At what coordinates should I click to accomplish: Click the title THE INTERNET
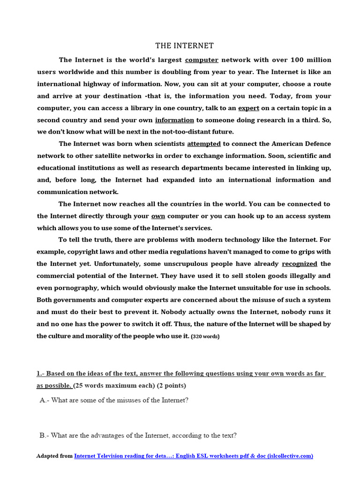point(184,46)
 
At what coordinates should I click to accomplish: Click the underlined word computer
point(202,60)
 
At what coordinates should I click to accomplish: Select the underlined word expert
point(248,108)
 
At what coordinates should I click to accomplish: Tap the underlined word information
point(174,120)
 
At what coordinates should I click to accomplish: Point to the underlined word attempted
point(203,144)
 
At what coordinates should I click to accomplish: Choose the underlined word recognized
point(299,264)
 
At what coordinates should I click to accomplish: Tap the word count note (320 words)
point(205,337)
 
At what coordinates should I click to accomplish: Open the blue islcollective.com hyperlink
point(193,456)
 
